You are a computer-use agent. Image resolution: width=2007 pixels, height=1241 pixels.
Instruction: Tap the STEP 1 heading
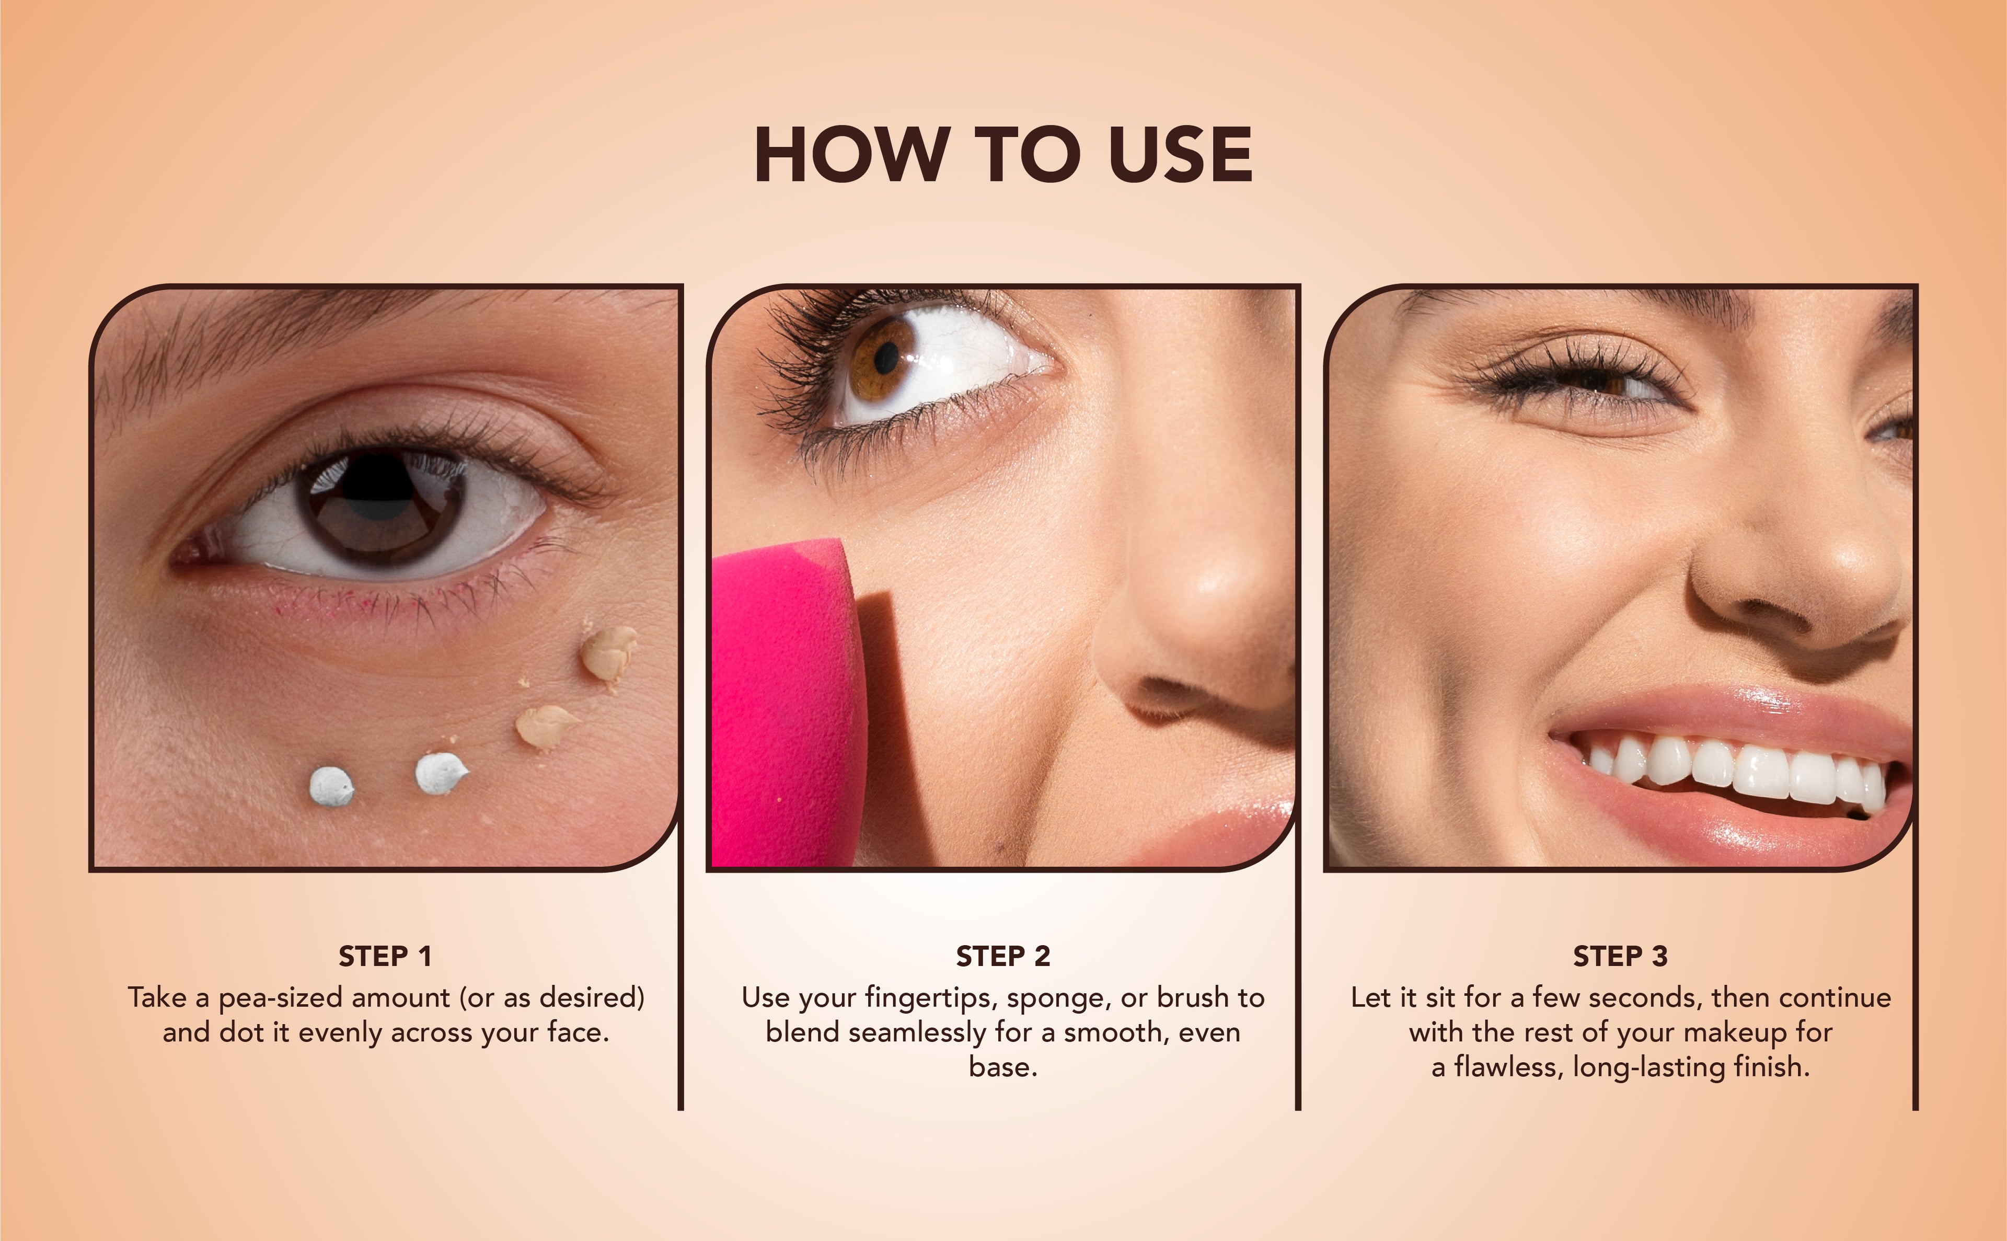385,956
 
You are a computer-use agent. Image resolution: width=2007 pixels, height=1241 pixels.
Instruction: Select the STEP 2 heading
1002,956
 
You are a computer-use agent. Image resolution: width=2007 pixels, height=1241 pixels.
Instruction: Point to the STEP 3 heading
1621,956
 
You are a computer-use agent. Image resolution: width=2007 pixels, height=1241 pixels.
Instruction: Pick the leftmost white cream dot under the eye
331,786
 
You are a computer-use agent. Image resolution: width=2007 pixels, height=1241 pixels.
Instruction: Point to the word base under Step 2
1002,1067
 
